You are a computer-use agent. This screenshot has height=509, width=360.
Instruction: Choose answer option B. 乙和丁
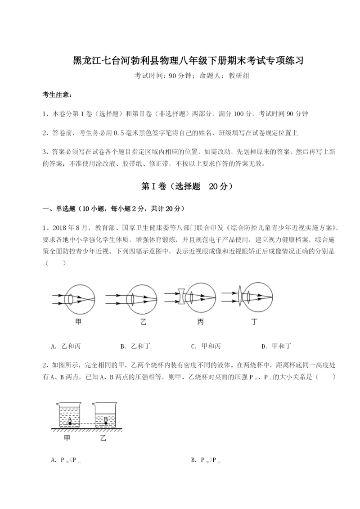coord(135,346)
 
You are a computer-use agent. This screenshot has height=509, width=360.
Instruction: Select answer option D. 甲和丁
coord(276,346)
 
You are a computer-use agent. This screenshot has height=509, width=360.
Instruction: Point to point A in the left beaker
coord(70,423)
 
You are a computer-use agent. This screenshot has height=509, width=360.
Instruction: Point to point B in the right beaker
coord(105,423)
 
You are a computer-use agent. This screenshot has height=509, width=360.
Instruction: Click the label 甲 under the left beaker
coord(68,438)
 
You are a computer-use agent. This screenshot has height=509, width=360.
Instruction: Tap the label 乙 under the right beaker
coord(103,438)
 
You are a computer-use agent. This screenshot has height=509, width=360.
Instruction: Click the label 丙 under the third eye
coord(200,322)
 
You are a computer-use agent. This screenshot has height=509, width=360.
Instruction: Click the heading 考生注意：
coord(57,95)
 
